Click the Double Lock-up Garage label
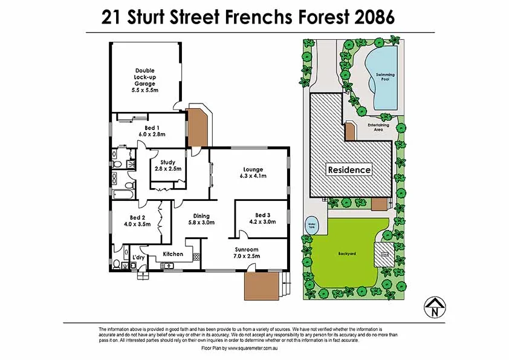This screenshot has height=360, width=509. pyautogui.click(x=144, y=80)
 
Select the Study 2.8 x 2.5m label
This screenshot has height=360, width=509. pyautogui.click(x=167, y=165)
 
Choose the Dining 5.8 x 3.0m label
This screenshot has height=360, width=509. pyautogui.click(x=201, y=219)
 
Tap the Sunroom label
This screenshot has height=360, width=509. pyautogui.click(x=247, y=253)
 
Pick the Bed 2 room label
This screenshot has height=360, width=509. pyautogui.click(x=137, y=221)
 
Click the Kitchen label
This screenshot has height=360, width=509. pyautogui.click(x=173, y=254)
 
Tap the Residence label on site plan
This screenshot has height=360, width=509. pyautogui.click(x=349, y=170)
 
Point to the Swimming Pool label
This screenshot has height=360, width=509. pyautogui.click(x=385, y=77)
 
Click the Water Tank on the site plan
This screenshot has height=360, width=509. pyautogui.click(x=313, y=222)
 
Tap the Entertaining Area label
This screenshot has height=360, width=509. pyautogui.click(x=378, y=127)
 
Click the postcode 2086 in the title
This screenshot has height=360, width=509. pyautogui.click(x=371, y=18)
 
